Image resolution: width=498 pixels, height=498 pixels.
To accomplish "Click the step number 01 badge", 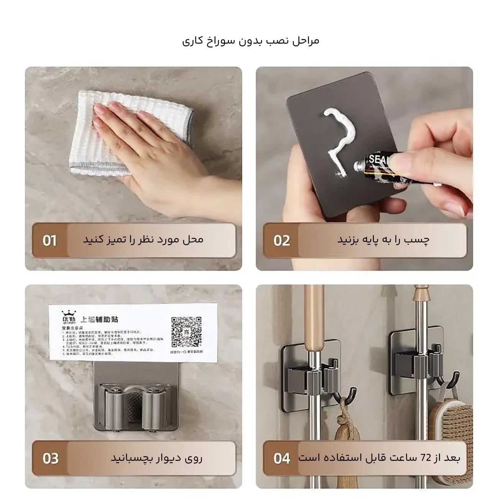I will [x=49, y=241].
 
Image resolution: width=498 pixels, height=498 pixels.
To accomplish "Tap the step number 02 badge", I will [x=282, y=241].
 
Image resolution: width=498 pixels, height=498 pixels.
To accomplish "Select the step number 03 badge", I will [x=50, y=458].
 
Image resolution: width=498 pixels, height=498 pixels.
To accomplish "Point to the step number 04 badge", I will [x=282, y=458].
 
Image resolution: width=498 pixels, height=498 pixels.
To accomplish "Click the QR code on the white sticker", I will [x=186, y=331].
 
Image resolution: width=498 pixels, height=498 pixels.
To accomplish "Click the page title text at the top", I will [x=251, y=41].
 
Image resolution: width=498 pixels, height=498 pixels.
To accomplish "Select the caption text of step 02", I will [x=383, y=240].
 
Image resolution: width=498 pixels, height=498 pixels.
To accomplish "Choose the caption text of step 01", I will [x=143, y=240].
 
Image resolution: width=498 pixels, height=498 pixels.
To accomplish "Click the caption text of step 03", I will [x=157, y=458].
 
